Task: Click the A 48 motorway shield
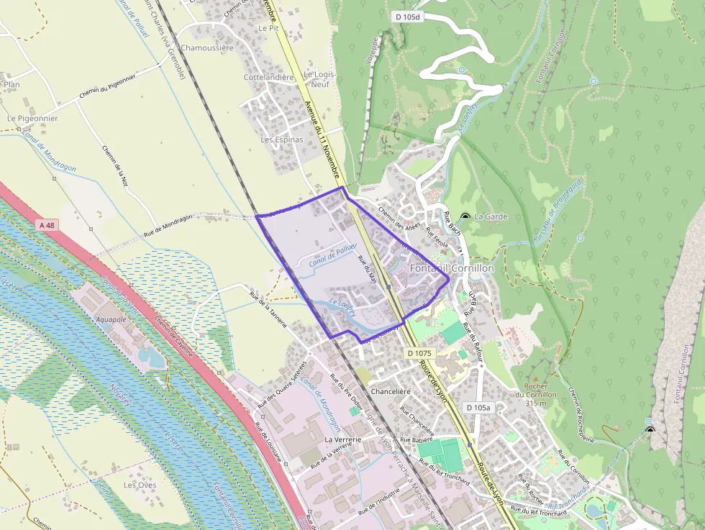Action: [47, 225]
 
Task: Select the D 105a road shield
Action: [478, 408]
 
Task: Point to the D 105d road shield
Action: [407, 16]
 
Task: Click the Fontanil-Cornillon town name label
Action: [452, 268]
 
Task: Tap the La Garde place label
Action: [491, 216]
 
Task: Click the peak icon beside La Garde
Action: [465, 216]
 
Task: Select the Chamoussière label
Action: [208, 48]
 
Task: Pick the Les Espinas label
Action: [282, 140]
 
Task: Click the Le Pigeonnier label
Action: [32, 118]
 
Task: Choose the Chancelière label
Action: [390, 391]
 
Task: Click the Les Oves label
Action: [140, 485]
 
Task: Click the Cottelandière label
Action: [270, 77]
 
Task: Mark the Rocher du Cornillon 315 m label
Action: [541, 394]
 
